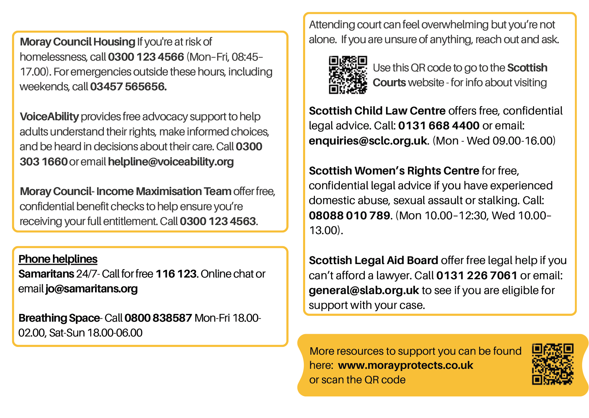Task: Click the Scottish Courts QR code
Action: point(348,75)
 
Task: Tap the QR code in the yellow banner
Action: point(553,364)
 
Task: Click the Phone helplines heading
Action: point(58,259)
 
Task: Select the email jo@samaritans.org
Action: point(92,289)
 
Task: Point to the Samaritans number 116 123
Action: point(176,274)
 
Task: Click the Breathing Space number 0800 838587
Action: point(158,318)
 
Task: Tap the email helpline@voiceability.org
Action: point(171,162)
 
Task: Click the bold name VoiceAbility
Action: point(49,117)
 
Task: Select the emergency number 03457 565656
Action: point(128,87)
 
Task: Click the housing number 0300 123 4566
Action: point(146,57)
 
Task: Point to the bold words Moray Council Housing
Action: point(78,42)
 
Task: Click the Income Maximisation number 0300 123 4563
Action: point(218,221)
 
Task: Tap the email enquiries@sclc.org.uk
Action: point(368,141)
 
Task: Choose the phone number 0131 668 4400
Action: point(439,126)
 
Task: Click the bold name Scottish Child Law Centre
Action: point(377,111)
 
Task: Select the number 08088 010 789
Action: point(349,216)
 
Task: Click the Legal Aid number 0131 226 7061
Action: point(477,276)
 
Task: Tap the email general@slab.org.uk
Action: point(364,290)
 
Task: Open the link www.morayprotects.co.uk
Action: point(406,365)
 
